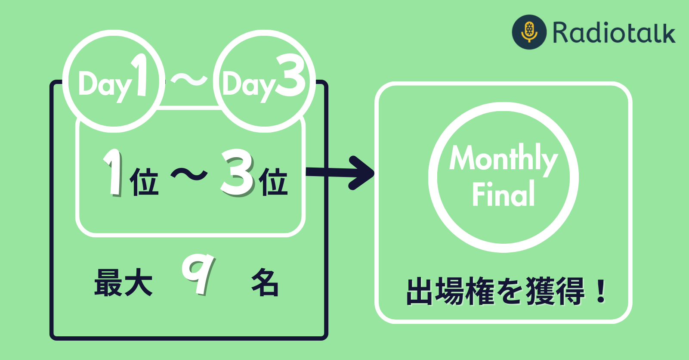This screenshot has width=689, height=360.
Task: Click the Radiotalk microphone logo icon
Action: (x=529, y=32)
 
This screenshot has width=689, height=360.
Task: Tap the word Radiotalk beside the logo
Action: (x=614, y=32)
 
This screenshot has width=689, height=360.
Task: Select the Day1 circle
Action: (x=114, y=81)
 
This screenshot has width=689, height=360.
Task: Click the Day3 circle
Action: (x=264, y=81)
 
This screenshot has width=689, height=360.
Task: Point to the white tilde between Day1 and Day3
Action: (x=189, y=80)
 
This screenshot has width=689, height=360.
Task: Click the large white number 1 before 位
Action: (x=113, y=172)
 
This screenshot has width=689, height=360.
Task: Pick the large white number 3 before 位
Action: (x=237, y=173)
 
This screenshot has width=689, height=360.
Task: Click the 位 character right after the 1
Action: (x=144, y=182)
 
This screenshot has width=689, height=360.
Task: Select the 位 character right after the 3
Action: (x=273, y=182)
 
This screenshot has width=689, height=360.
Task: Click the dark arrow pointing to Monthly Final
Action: (x=340, y=173)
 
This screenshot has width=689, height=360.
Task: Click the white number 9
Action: (x=198, y=274)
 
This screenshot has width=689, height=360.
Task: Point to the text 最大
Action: (x=124, y=282)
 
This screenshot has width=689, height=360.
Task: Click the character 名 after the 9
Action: (x=265, y=282)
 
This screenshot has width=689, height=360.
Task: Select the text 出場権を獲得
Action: (x=495, y=291)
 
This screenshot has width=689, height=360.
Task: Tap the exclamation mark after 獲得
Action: (x=601, y=291)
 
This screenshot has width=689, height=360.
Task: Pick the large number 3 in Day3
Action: (x=290, y=75)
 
